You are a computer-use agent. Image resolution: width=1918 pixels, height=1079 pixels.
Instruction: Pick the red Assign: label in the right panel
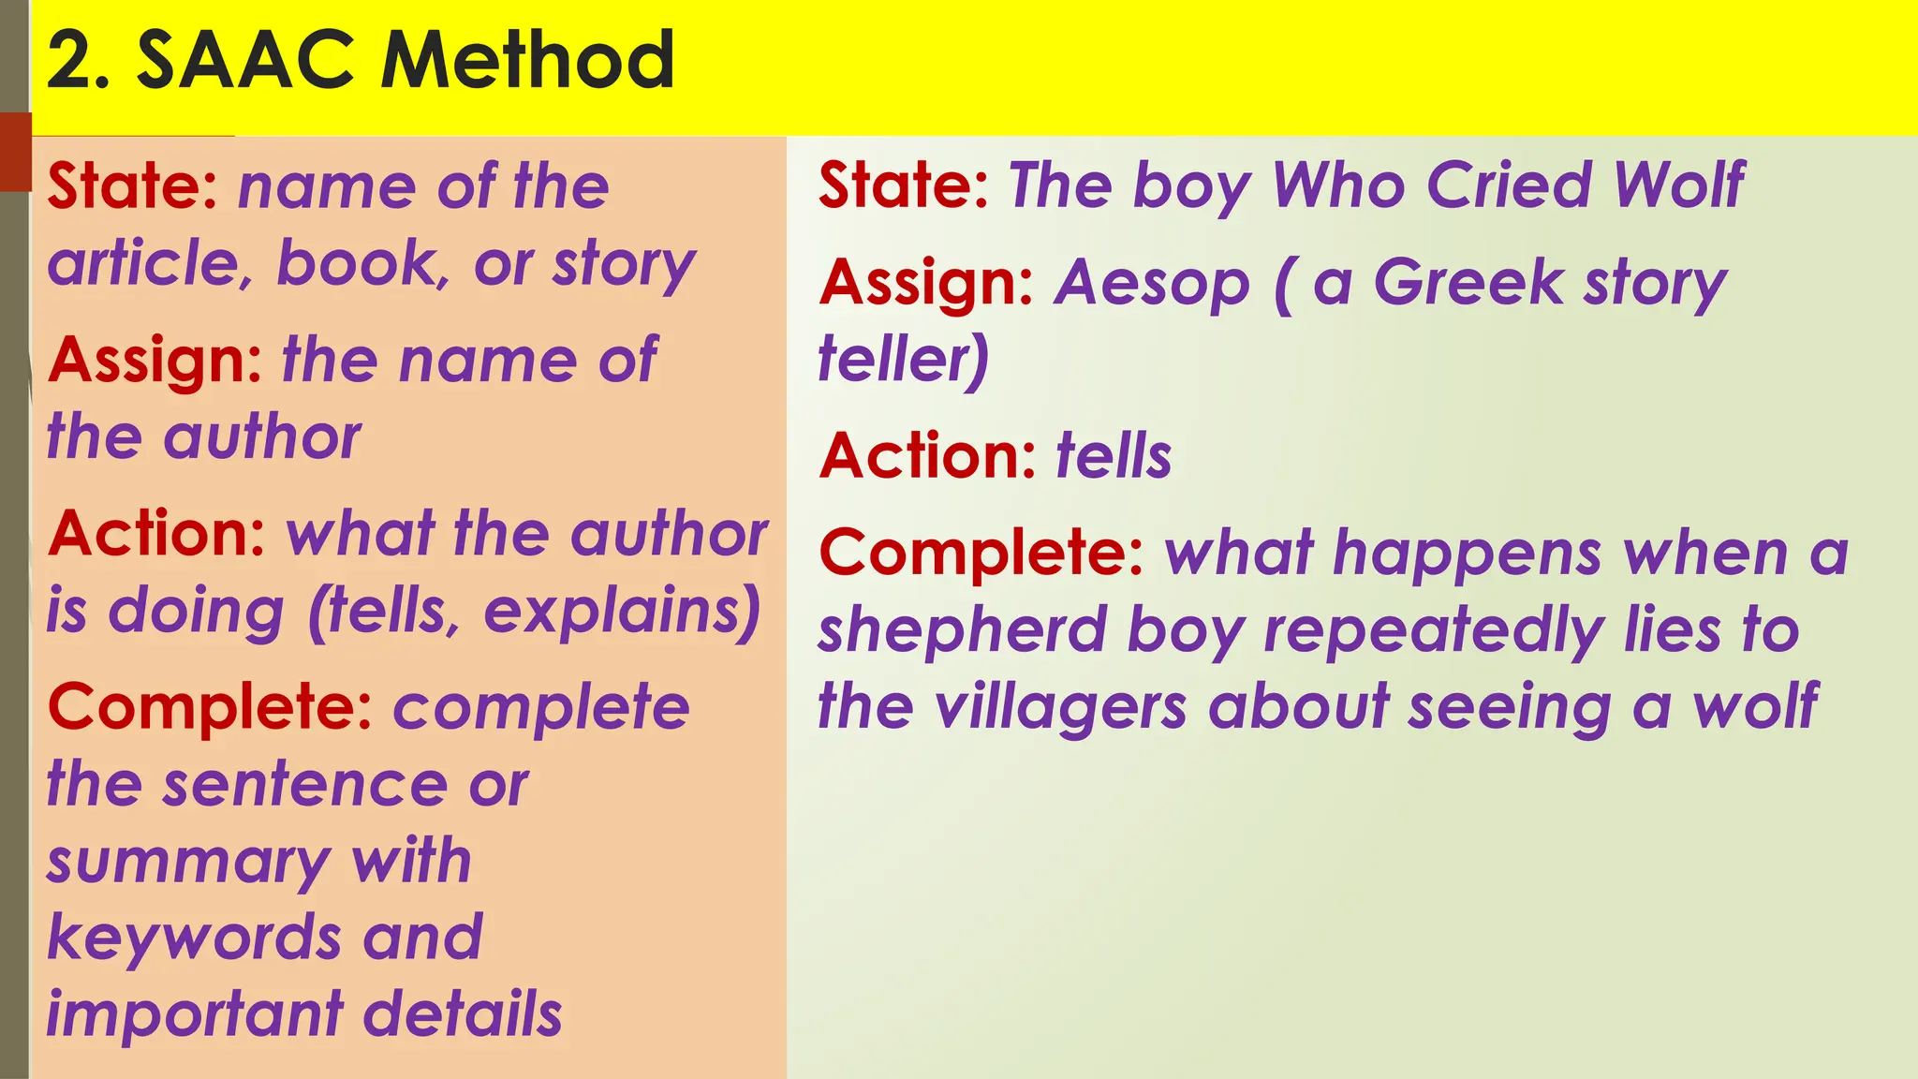pos(926,283)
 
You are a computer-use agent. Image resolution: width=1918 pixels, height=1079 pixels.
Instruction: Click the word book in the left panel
pos(357,263)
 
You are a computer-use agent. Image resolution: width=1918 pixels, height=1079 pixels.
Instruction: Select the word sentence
pos(305,784)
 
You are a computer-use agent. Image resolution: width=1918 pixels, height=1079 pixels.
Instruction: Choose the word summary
pos(188,863)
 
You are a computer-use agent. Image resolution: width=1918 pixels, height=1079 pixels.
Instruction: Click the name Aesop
pos(1152,283)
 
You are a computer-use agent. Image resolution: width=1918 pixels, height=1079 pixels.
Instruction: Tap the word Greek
pos(1468,283)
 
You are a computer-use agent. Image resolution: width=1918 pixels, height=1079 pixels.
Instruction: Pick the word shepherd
pos(963,630)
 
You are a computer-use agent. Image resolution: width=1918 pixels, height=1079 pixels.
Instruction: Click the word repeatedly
pos(1434,630)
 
